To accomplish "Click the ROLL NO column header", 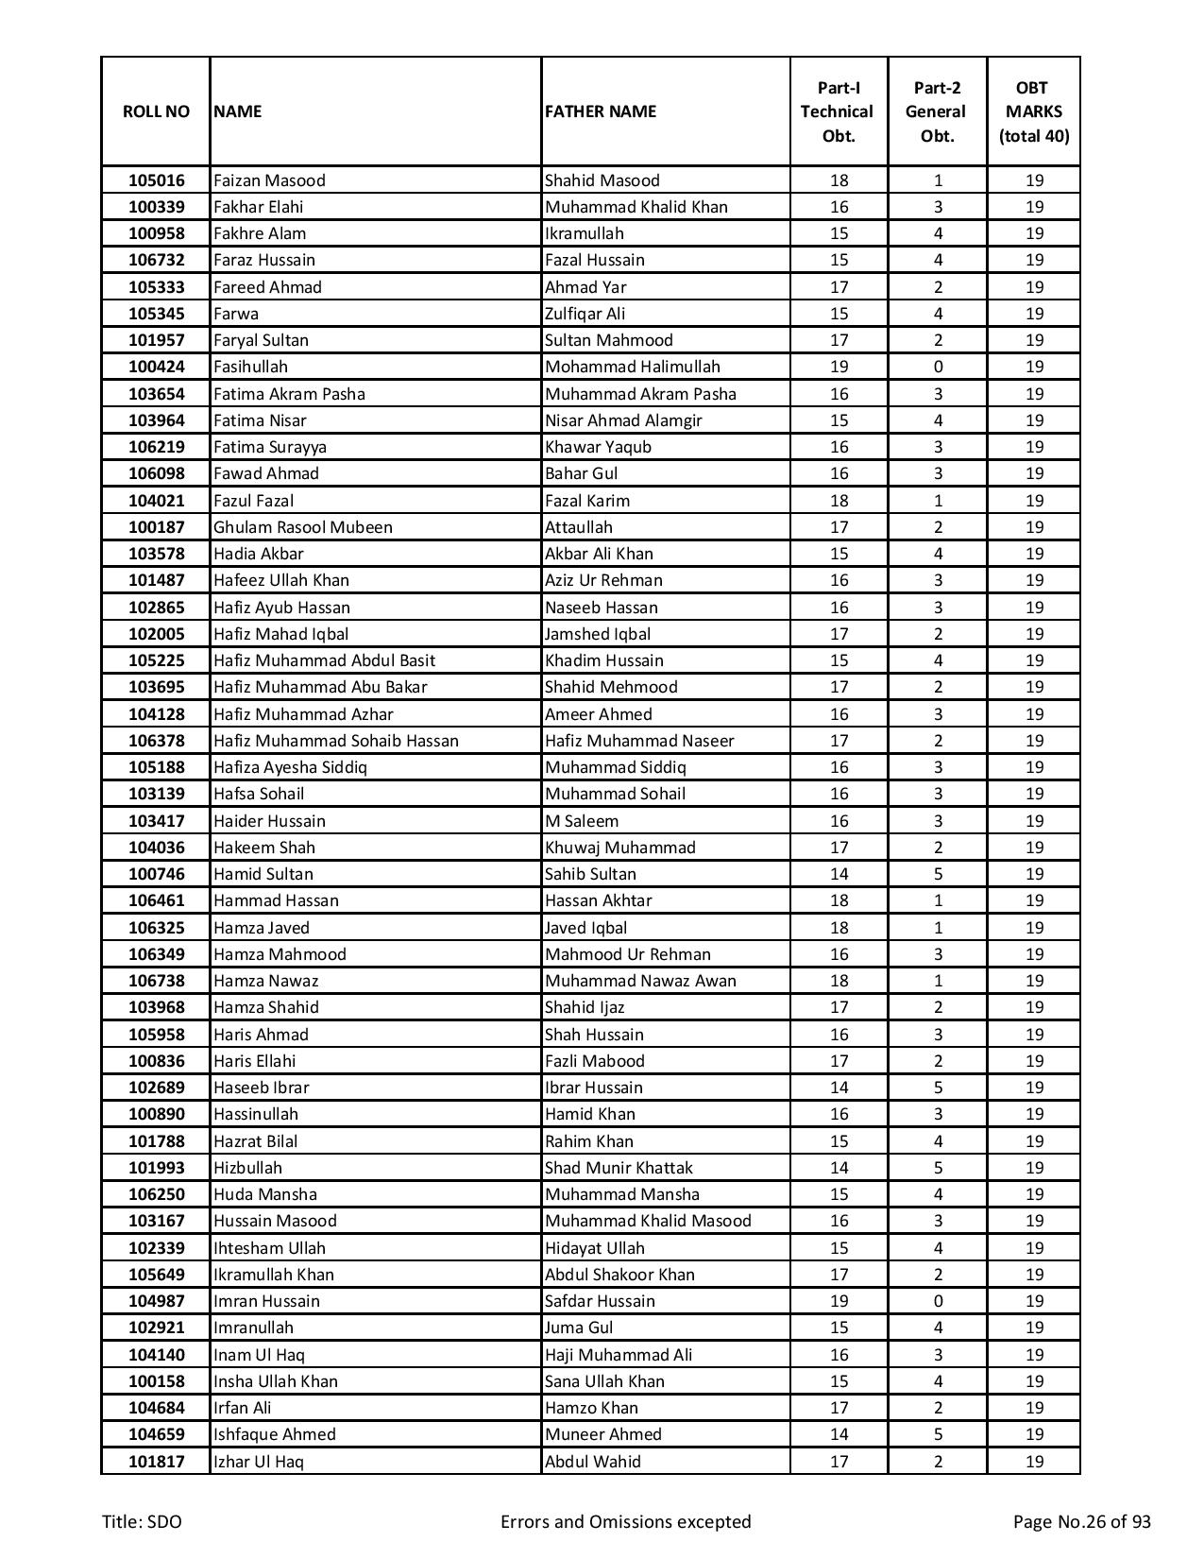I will [x=156, y=111].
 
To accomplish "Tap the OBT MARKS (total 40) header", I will [x=1033, y=111].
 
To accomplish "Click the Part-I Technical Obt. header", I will [x=838, y=111].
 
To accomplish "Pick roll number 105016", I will [x=156, y=180].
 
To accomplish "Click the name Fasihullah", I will [x=250, y=367].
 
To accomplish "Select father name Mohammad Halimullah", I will [x=632, y=367].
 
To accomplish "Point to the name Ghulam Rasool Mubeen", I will [x=302, y=527].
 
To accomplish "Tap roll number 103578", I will [x=156, y=554].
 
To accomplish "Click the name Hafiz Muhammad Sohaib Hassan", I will [x=335, y=741].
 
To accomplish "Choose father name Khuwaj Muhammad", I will [x=619, y=848].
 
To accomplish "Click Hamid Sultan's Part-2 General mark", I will [x=937, y=874].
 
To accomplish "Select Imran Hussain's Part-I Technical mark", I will [x=838, y=1301].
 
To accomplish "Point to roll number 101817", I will [x=156, y=1462].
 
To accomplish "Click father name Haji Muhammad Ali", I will [x=618, y=1355].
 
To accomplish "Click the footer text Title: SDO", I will [x=142, y=1521].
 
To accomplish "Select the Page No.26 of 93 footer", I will [x=1081, y=1521].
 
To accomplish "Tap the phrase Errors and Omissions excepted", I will [x=625, y=1521].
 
